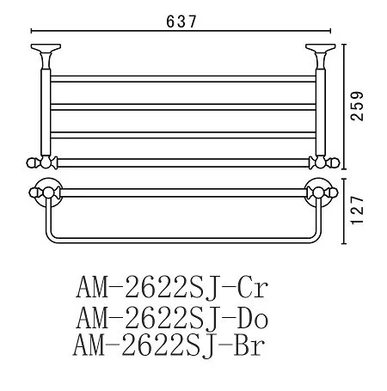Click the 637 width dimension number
point(181,21)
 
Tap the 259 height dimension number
point(357,106)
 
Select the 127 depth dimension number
point(357,211)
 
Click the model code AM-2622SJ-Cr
point(172,287)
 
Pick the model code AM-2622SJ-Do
point(172,317)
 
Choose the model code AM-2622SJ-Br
point(169,345)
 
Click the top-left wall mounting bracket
point(46,56)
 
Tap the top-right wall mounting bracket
point(321,56)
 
